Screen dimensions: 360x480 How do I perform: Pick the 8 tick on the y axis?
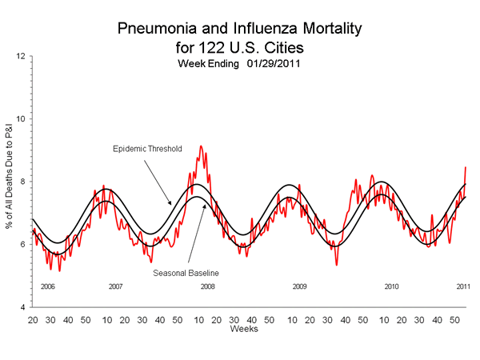click(x=23, y=182)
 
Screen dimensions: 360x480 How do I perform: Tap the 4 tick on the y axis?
click(x=23, y=307)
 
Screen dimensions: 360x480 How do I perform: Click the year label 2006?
click(x=48, y=286)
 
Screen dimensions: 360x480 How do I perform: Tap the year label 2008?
click(x=207, y=286)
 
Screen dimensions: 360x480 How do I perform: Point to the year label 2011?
click(x=463, y=286)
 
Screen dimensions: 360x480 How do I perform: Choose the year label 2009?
click(x=299, y=286)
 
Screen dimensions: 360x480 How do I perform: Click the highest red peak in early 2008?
click(x=201, y=146)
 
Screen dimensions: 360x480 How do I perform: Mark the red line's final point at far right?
click(x=466, y=167)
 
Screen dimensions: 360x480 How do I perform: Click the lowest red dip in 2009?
click(x=337, y=265)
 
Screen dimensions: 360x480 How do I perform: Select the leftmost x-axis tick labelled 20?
click(x=33, y=319)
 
